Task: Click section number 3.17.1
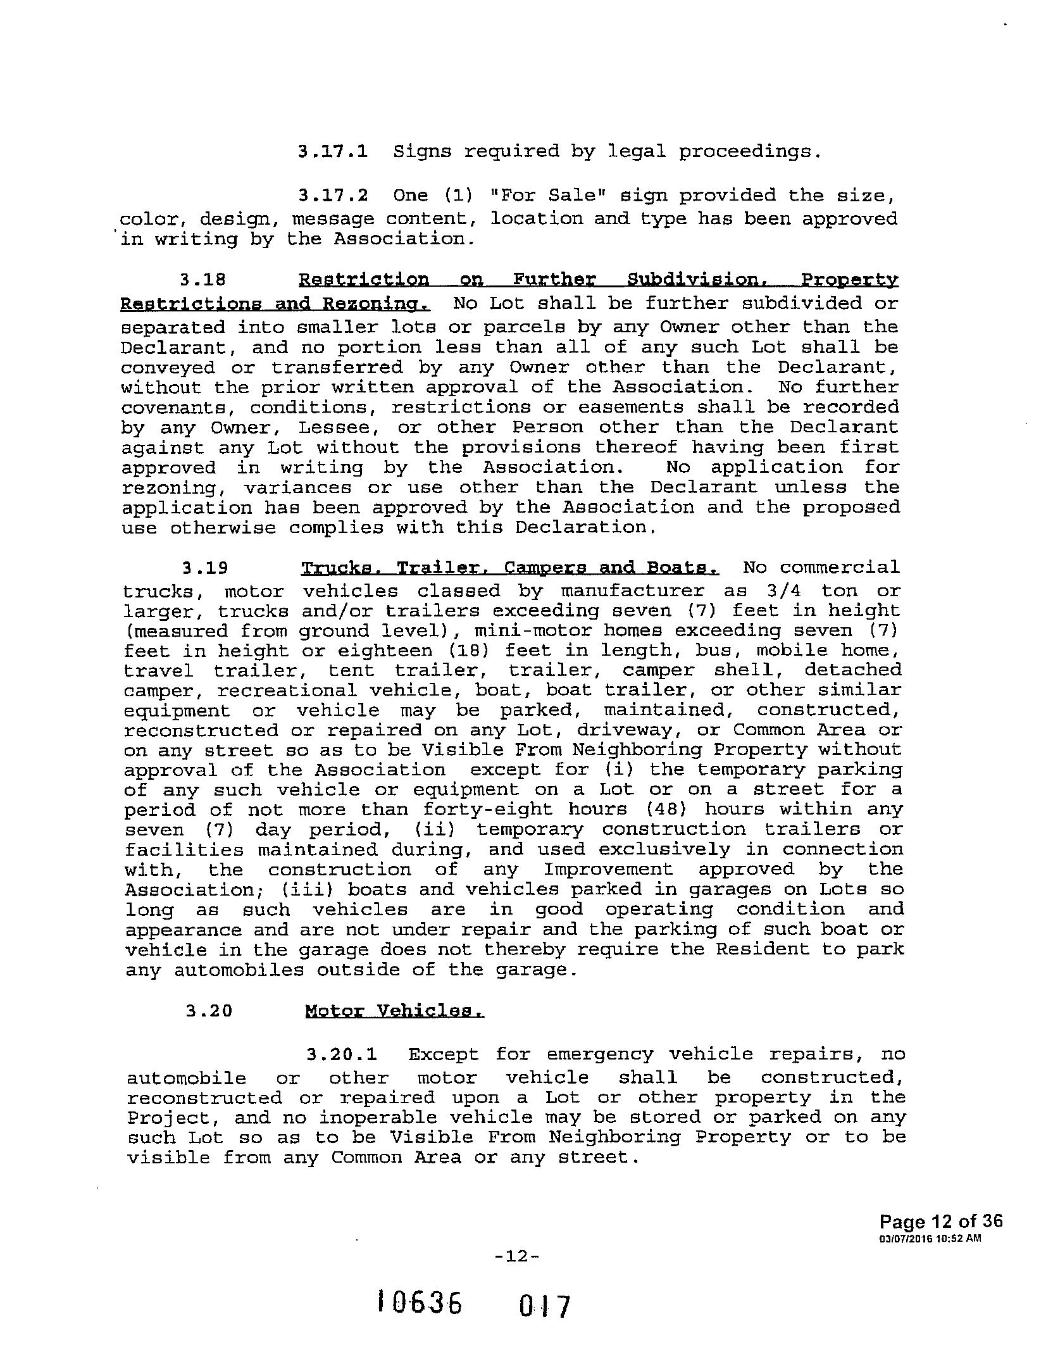(x=332, y=152)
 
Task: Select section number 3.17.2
(x=332, y=196)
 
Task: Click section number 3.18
(x=203, y=280)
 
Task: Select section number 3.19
(x=204, y=568)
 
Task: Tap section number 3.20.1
(x=342, y=1055)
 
